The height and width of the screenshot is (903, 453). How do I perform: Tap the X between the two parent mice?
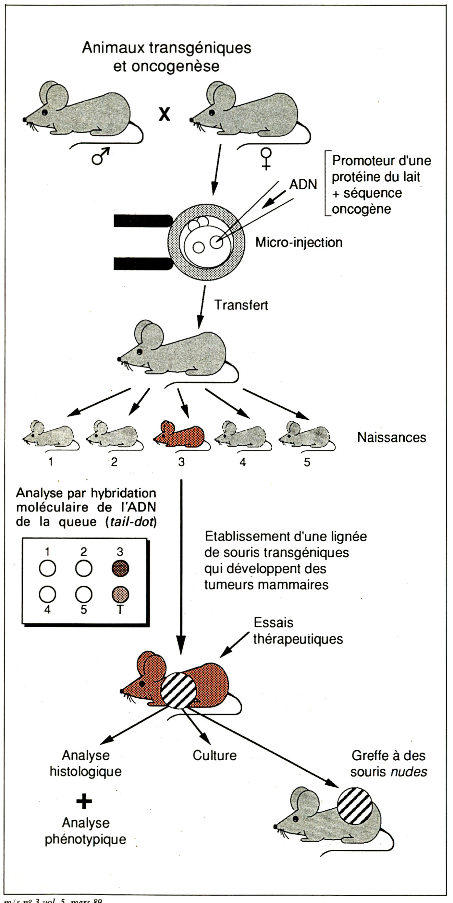click(x=164, y=114)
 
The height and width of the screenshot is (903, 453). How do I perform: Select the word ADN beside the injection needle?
click(x=303, y=184)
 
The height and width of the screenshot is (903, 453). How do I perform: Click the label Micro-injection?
click(x=299, y=242)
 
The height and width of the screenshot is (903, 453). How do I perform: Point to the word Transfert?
click(x=241, y=305)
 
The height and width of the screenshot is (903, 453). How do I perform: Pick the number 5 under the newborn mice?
click(x=307, y=462)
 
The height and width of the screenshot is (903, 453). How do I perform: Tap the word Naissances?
click(x=391, y=437)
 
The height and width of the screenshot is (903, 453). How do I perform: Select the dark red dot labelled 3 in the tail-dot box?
click(x=120, y=568)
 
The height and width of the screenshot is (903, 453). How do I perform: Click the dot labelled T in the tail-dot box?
click(x=120, y=594)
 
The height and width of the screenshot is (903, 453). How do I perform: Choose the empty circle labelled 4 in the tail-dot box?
click(x=47, y=594)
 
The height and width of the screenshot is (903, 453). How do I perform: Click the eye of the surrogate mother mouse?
click(x=140, y=351)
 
